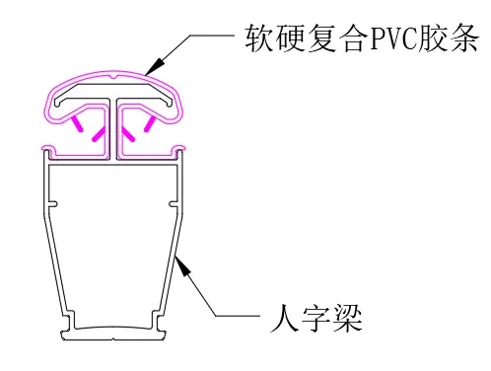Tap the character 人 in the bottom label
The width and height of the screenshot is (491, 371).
[x=284, y=319]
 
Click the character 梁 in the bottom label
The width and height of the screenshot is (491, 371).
[x=346, y=319]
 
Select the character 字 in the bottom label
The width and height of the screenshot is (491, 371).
[x=316, y=319]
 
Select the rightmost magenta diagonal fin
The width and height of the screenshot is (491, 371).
[x=150, y=123]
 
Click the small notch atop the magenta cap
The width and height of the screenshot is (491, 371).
[x=114, y=74]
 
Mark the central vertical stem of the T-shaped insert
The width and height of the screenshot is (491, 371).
[x=114, y=128]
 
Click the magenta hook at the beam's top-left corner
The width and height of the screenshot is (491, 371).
[x=47, y=149]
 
